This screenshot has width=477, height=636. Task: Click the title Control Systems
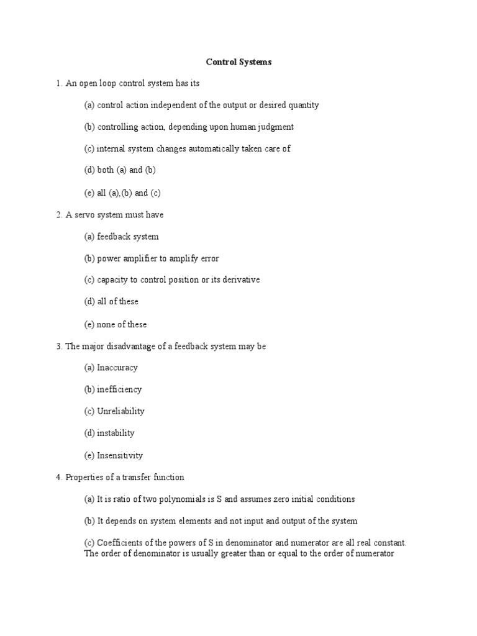(238, 62)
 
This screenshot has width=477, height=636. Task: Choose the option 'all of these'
(117, 301)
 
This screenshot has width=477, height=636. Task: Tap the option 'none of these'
(122, 324)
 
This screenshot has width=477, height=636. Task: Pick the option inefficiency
(119, 389)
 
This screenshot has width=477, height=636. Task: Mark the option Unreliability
(120, 411)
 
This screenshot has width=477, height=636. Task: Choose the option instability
(116, 433)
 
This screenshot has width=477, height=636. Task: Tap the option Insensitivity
(120, 455)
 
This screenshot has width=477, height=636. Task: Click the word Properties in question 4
(84, 477)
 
